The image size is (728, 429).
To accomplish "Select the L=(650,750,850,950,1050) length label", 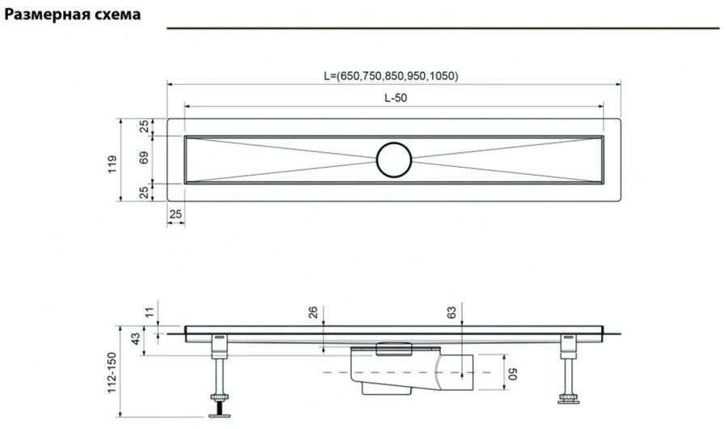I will tap(391, 76).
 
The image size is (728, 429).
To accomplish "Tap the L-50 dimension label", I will tap(395, 97).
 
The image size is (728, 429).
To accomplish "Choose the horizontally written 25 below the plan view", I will tap(175, 213).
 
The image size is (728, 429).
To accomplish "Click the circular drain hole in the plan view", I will tap(394, 159).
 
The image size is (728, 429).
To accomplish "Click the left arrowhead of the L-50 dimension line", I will tap(187, 106).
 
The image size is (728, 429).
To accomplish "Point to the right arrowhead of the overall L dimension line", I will tap(618, 83).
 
